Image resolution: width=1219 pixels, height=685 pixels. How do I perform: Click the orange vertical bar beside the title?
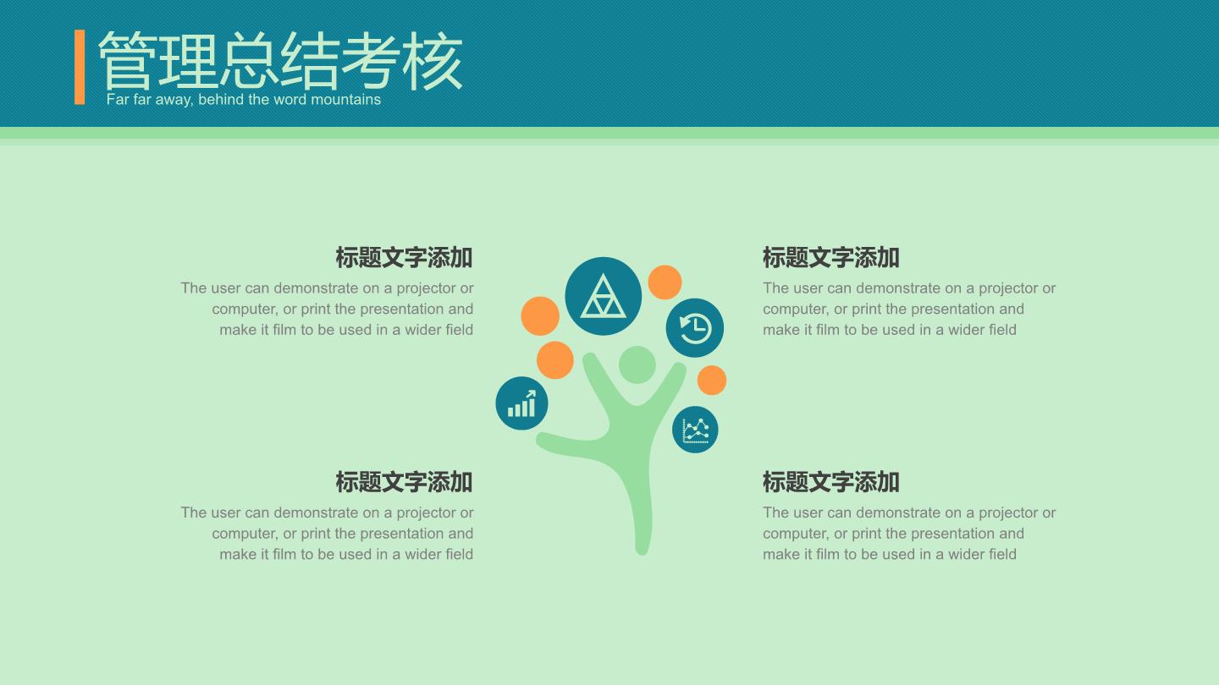pos(80,67)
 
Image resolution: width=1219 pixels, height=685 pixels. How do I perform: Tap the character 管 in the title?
pos(127,60)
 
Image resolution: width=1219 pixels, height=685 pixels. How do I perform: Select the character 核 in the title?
pos(433,60)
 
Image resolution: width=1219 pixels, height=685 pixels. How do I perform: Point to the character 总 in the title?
pos(249,60)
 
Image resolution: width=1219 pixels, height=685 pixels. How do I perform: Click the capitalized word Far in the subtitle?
pos(118,100)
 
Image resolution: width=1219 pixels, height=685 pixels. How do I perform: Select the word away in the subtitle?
pos(174,101)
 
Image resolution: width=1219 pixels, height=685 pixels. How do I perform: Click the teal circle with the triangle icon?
pos(603,296)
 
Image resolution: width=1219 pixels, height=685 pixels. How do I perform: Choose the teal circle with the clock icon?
pos(694,328)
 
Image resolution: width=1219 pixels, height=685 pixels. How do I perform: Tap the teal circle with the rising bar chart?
pos(521,403)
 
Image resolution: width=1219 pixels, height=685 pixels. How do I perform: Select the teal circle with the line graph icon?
pos(695,430)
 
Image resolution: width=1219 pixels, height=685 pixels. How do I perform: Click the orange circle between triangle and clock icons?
pos(665,282)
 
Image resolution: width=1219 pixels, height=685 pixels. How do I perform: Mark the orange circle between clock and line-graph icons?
pos(712,380)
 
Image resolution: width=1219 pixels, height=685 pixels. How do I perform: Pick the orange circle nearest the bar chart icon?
pos(555,360)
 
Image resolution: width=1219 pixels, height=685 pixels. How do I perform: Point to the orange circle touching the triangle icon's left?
pos(540,316)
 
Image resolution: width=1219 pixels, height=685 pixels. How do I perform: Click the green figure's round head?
pos(637,364)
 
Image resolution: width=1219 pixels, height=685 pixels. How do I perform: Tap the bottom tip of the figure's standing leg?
pos(643,552)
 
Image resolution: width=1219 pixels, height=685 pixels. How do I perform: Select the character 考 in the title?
pos(372,60)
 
